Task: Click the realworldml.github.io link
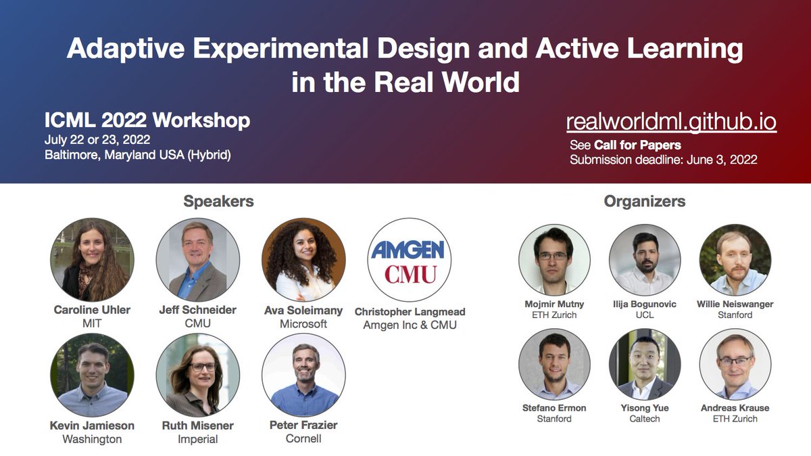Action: [670, 122]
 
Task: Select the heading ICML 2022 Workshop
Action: [147, 120]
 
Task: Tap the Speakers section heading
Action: [218, 201]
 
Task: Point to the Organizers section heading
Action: [644, 201]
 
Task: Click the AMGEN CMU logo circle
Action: [410, 260]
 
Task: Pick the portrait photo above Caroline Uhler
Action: [92, 260]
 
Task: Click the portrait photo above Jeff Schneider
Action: [197, 260]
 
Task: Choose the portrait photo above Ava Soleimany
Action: [303, 260]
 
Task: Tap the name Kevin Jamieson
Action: [92, 426]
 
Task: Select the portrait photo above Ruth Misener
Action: [197, 375]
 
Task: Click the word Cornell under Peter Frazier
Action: [303, 438]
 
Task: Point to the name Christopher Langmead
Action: [410, 312]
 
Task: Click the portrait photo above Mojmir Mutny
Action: [554, 260]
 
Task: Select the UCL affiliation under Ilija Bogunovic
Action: [644, 315]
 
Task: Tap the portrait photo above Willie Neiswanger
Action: [735, 260]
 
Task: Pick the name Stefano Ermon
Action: [554, 408]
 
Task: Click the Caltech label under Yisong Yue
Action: [644, 419]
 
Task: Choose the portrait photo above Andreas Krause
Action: [735, 364]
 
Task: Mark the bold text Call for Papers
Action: [637, 145]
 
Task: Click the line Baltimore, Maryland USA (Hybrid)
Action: [138, 155]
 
